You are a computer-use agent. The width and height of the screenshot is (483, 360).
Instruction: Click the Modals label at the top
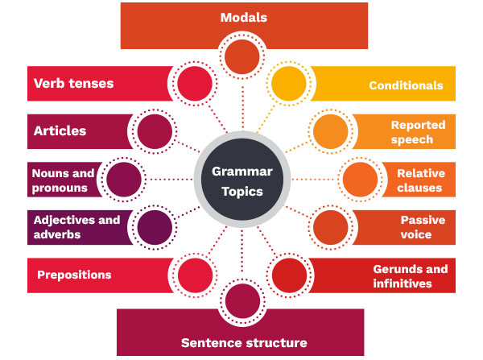243,17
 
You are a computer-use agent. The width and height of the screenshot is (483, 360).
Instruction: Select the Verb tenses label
73,83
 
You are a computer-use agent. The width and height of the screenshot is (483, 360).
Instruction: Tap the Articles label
60,130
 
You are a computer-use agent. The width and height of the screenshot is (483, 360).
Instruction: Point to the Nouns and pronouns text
63,180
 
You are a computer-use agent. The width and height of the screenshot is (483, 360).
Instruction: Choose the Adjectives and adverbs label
76,226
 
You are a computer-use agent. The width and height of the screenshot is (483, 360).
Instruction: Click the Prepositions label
74,275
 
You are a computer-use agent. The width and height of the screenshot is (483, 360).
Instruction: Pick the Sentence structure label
243,343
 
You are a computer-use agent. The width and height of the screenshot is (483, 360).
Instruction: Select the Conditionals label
406,85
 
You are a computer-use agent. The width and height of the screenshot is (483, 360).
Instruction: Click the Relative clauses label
419,180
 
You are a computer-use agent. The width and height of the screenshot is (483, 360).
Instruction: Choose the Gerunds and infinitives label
410,275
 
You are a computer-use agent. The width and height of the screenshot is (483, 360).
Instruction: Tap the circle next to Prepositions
193,274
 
